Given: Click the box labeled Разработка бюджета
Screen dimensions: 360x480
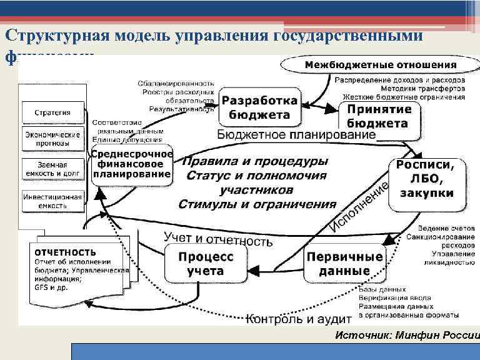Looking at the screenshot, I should click(x=259, y=107).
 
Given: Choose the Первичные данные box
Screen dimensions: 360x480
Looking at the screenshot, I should click(x=344, y=264).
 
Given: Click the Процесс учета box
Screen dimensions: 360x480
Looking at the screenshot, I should click(x=206, y=264).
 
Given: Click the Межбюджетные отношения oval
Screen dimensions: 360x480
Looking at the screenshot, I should click(x=380, y=65).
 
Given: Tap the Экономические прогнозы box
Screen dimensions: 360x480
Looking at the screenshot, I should click(x=52, y=139).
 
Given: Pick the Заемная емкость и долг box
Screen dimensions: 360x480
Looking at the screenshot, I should click(x=52, y=167).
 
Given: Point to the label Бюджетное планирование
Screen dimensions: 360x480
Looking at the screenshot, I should click(x=296, y=135).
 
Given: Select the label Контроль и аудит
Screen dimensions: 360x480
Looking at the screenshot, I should click(x=289, y=319).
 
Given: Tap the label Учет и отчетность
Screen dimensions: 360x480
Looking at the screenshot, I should click(x=217, y=239).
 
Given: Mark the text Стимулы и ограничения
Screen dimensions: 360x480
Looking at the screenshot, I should click(x=257, y=204).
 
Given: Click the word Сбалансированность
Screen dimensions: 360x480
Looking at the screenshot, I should click(x=176, y=82).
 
